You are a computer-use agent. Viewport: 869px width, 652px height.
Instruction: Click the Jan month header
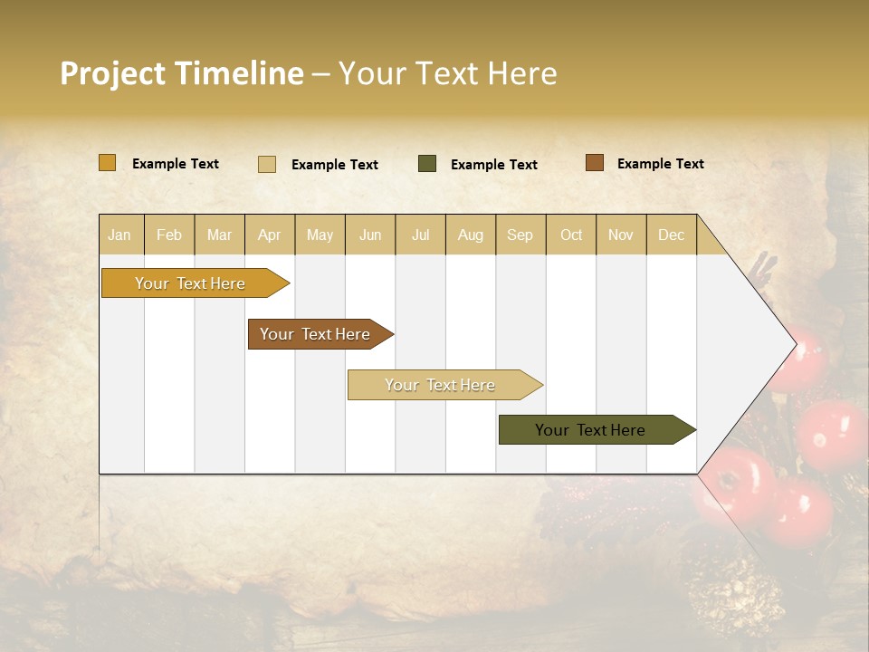(x=119, y=235)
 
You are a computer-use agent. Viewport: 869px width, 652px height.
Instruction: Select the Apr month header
(x=269, y=235)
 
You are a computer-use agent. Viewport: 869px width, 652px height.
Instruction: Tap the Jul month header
(x=420, y=235)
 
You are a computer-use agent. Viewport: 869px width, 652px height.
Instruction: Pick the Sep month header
(x=520, y=235)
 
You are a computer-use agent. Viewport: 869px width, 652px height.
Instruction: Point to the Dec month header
(x=671, y=235)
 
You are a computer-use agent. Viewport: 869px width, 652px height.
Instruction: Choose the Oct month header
(x=570, y=235)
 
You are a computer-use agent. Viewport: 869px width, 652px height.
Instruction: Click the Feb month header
(x=169, y=235)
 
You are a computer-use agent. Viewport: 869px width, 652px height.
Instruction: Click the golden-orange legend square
(x=107, y=163)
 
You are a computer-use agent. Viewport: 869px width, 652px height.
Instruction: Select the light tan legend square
(x=267, y=164)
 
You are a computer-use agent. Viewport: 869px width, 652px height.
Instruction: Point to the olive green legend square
(x=427, y=164)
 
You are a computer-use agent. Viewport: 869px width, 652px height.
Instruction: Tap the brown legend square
(x=594, y=163)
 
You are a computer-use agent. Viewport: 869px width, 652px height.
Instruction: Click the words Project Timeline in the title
(x=181, y=73)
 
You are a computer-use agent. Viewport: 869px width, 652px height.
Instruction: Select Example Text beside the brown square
(x=660, y=163)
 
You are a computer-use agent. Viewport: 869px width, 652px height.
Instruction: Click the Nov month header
(x=620, y=235)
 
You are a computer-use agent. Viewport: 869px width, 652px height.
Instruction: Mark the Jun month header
(x=369, y=235)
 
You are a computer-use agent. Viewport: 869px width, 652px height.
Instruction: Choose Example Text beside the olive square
(x=493, y=164)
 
